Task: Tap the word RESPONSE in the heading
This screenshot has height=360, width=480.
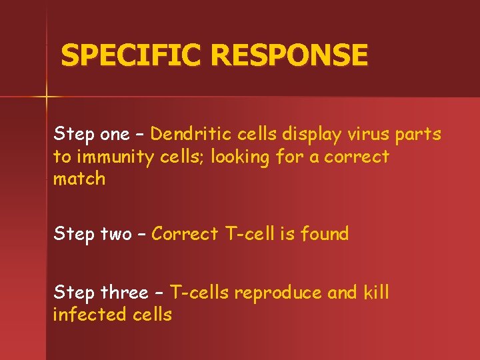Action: point(289,55)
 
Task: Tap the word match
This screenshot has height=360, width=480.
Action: point(79,179)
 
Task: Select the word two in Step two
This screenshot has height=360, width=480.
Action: point(116,234)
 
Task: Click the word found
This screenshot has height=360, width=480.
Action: point(325,233)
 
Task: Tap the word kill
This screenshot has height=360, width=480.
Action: point(376,292)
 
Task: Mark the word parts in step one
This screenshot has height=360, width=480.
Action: point(418,135)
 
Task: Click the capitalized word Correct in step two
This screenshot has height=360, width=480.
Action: point(185,234)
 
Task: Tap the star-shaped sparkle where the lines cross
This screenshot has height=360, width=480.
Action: point(46,97)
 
